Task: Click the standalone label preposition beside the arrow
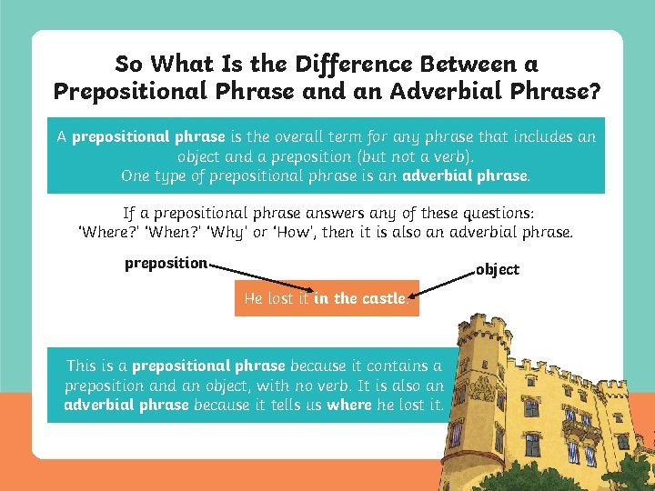click(166, 264)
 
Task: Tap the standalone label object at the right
click(498, 269)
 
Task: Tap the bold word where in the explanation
click(349, 404)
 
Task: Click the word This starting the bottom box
click(81, 366)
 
